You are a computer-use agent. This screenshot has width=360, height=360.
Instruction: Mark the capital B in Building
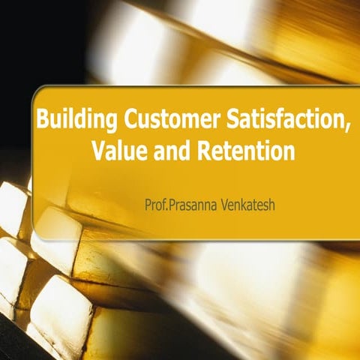43,120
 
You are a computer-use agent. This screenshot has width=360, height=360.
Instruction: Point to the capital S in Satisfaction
228,120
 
